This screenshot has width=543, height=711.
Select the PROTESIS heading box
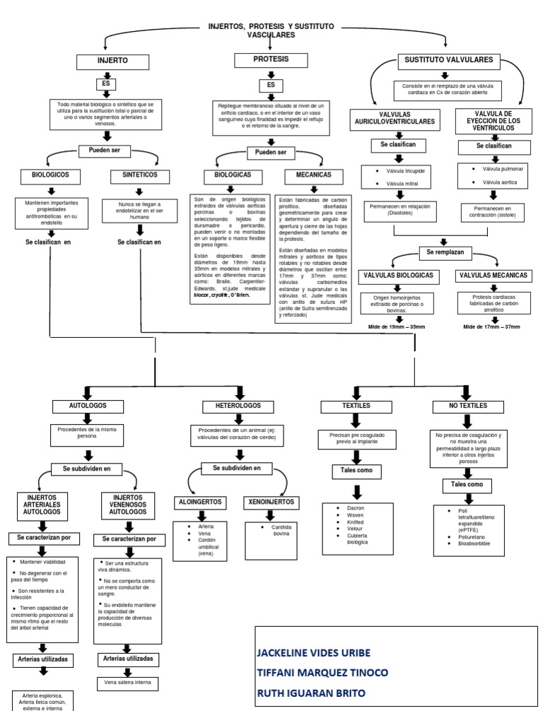[x=271, y=61]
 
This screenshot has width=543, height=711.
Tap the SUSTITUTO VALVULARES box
[x=448, y=60]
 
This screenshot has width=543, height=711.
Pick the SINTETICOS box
[x=139, y=175]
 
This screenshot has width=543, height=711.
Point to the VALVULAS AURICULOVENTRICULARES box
[x=396, y=118]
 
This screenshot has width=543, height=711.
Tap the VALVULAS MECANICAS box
[x=494, y=274]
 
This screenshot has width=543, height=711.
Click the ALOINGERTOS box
[x=200, y=501]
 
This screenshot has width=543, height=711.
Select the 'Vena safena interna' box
[x=127, y=683]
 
